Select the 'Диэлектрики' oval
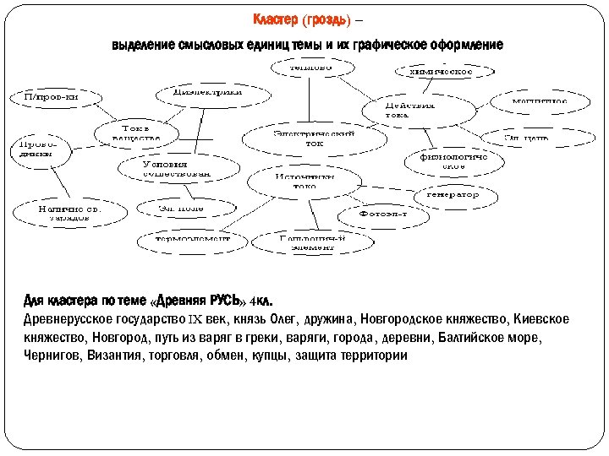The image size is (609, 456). tap(207, 91)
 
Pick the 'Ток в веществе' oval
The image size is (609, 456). tap(135, 132)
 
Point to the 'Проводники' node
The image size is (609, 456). tap(32, 149)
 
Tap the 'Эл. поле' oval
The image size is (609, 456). tap(181, 207)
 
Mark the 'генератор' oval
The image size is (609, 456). tap(446, 195)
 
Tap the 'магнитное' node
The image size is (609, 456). tap(540, 102)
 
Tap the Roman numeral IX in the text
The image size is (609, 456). tap(194, 320)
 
